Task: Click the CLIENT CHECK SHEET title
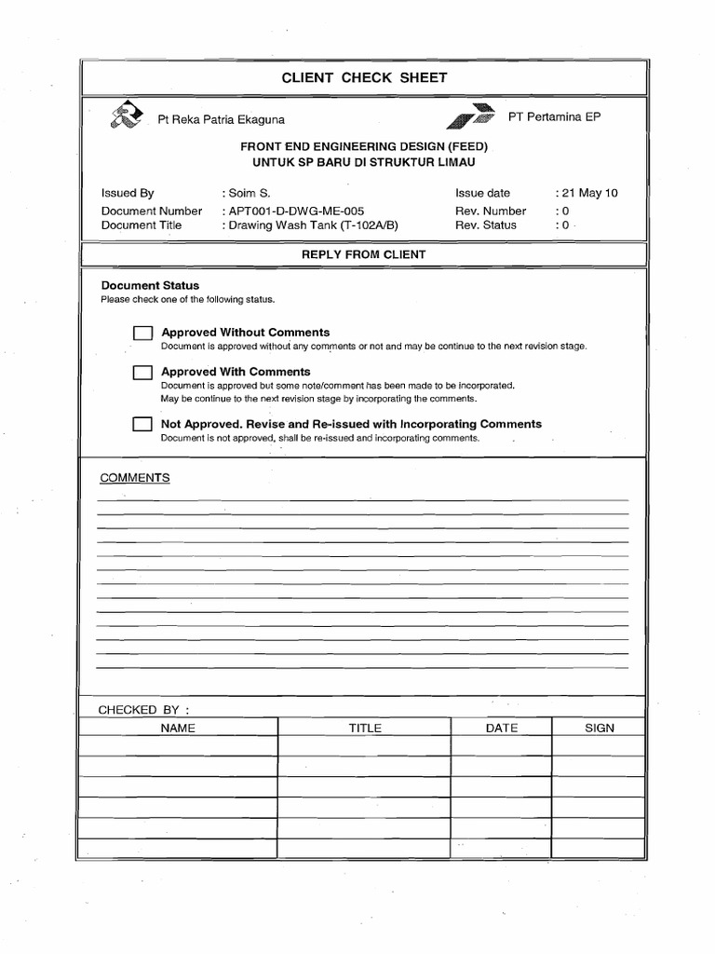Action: [364, 78]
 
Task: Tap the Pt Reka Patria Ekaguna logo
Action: [127, 116]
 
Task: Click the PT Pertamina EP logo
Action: [471, 116]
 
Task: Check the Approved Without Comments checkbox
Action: [142, 334]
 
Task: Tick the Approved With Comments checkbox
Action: [142, 373]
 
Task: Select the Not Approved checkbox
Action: [142, 425]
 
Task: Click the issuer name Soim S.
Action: [249, 194]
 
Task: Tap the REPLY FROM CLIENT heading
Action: [364, 254]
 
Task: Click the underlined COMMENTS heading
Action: [135, 478]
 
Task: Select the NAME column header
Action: [178, 728]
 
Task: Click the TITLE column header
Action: [365, 728]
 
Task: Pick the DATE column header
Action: [502, 728]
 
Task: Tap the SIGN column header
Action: [600, 728]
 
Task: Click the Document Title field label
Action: [142, 225]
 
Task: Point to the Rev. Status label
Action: [486, 225]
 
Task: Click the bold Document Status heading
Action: [150, 285]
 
